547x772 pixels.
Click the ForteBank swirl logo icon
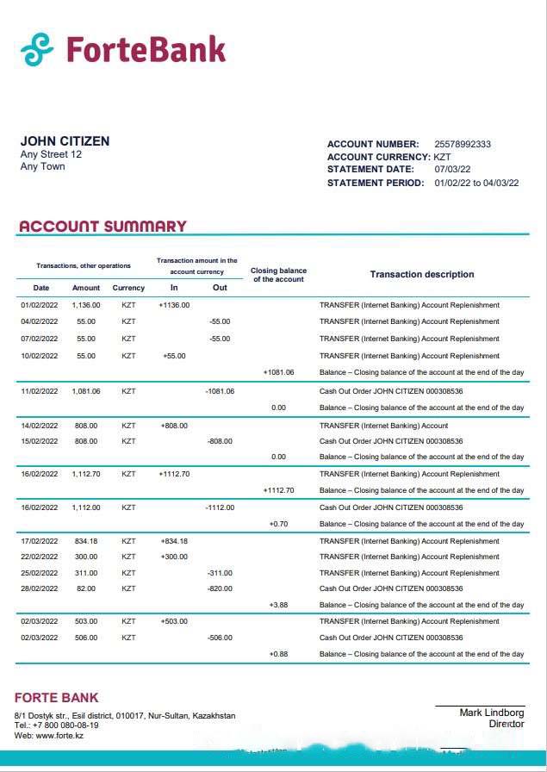click(37, 49)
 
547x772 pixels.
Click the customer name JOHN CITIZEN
click(65, 141)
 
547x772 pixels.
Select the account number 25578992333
click(463, 144)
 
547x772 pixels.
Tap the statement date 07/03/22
click(452, 170)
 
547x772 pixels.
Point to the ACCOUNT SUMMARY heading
click(103, 227)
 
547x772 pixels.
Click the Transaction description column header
click(421, 274)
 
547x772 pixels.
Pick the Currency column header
click(128, 288)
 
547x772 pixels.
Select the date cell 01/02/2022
click(40, 305)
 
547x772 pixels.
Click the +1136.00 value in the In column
click(174, 305)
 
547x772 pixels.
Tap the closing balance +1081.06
click(278, 373)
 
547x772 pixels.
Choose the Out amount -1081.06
click(220, 391)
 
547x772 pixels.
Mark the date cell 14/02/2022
click(40, 426)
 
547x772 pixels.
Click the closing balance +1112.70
click(278, 490)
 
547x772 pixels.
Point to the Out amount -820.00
click(220, 588)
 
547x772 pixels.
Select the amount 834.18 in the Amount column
click(86, 541)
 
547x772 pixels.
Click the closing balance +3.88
click(278, 605)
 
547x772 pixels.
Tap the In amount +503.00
click(174, 621)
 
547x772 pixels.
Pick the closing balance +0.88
click(278, 654)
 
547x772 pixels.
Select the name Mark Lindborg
click(491, 713)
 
